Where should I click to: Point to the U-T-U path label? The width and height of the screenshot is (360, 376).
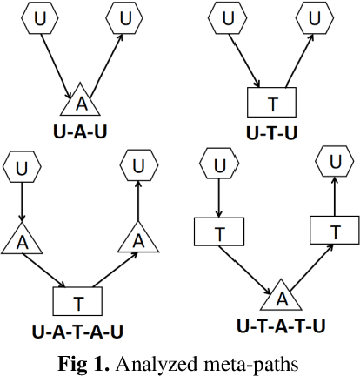272,132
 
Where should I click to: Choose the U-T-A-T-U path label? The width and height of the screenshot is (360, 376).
281,326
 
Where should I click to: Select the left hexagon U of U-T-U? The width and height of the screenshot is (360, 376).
228,17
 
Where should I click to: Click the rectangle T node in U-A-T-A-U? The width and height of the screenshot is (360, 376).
78,303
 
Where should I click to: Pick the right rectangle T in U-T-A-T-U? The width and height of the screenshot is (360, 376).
334,231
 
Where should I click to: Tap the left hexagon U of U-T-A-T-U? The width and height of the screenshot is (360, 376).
219,165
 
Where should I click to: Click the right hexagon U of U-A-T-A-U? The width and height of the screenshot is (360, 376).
137,164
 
